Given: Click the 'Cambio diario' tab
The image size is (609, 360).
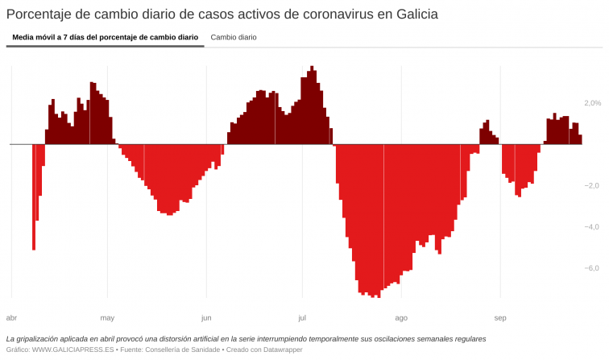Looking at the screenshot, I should tap(234, 37).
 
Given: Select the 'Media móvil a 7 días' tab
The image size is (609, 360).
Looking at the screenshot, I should tap(105, 37).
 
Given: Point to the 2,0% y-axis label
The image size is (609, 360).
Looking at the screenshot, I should tap(592, 103).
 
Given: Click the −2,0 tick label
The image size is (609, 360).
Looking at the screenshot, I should tap(591, 186).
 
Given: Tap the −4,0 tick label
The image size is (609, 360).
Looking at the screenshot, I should tap(591, 227).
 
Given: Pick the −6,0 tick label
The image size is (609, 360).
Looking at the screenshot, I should tap(591, 268).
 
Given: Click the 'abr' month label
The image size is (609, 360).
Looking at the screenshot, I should tap(12, 317).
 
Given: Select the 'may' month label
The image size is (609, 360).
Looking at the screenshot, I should tap(107, 317).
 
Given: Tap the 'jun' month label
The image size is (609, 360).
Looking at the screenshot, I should tap(206, 317).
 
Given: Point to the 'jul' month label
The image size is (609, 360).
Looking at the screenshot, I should tap(302, 317).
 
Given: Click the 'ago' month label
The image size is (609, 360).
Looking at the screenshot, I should tap(401, 317).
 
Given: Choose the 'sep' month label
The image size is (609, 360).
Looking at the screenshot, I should tap(500, 317).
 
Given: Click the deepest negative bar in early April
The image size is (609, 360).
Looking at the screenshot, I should tap(34, 197).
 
